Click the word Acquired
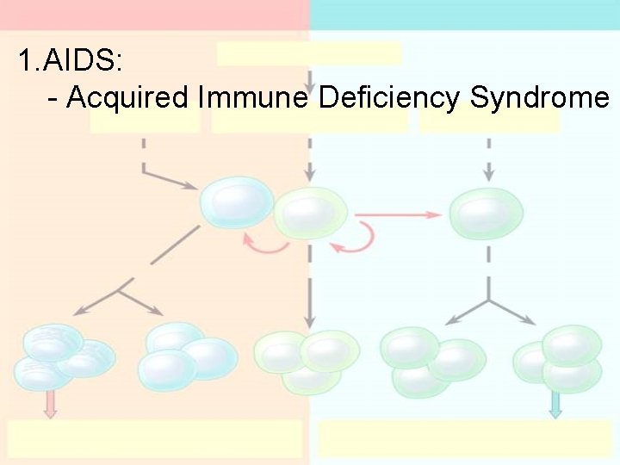(x=127, y=97)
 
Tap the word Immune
(x=252, y=97)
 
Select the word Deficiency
(x=389, y=97)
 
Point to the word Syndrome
(x=539, y=97)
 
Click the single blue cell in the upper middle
(x=236, y=203)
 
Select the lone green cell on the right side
(x=487, y=213)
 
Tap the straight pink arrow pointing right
(x=397, y=214)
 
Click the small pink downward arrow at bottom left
(x=50, y=403)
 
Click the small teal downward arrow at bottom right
(x=555, y=403)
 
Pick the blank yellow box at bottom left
(x=155, y=438)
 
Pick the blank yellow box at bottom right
(x=465, y=438)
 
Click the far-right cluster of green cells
(x=560, y=357)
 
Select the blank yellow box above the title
(x=309, y=53)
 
